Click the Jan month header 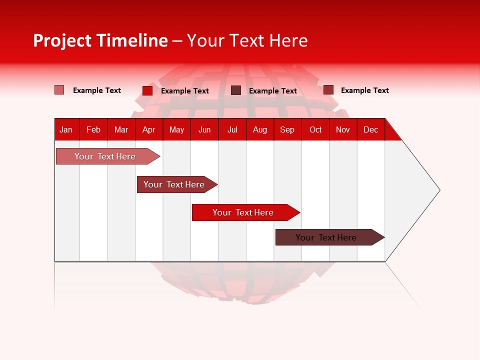tap(66, 129)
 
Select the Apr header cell tap(149, 129)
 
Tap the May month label tap(176, 129)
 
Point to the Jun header tap(204, 129)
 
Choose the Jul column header tap(232, 129)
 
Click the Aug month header tap(260, 129)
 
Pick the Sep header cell tap(287, 129)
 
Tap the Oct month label tap(315, 129)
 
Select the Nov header tap(343, 129)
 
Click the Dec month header tap(371, 129)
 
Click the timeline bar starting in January tap(105, 156)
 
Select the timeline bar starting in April tap(174, 184)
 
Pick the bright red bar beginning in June tap(243, 212)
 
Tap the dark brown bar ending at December tap(326, 237)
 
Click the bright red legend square tap(147, 90)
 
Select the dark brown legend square tap(236, 90)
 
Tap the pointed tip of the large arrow tap(438, 190)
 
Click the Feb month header tap(93, 129)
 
